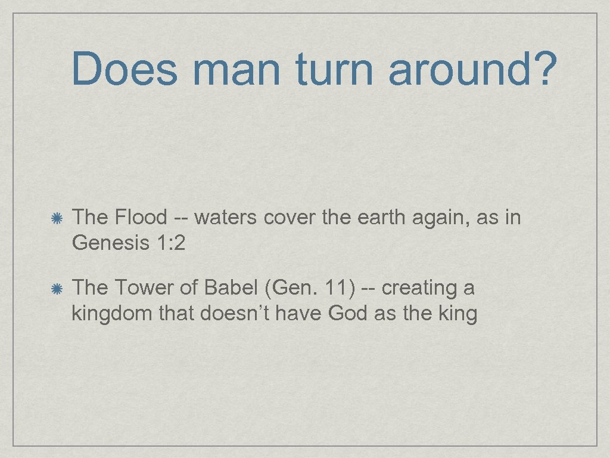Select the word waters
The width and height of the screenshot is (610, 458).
(x=225, y=218)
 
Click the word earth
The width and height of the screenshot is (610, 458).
(x=381, y=218)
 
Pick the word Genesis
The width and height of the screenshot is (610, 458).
(x=108, y=243)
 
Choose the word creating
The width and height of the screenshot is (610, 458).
(x=419, y=289)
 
